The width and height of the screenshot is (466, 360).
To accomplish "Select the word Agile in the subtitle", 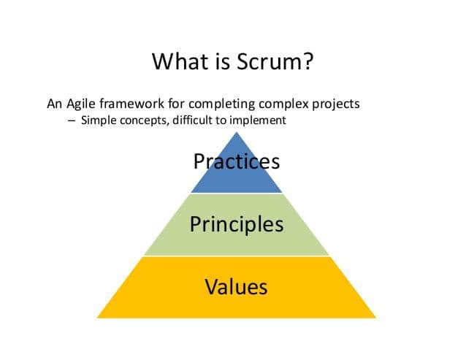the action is (x=81, y=104).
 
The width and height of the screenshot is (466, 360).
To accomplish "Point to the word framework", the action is (x=131, y=104).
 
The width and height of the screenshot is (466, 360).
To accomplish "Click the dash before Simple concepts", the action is (x=72, y=120).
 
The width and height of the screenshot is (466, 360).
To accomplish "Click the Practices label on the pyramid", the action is (x=237, y=161).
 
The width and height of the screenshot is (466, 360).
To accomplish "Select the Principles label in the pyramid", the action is (x=237, y=225).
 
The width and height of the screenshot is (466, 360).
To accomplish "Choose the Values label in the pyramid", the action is (x=236, y=287).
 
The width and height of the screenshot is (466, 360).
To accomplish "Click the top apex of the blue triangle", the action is (x=237, y=132).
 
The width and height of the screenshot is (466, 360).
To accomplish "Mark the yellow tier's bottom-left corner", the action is (x=97, y=318).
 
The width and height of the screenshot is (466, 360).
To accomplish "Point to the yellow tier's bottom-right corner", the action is (x=376, y=318).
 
